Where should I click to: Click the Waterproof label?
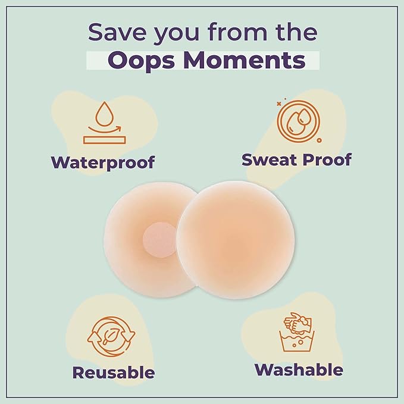point(102,162)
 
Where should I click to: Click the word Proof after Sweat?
point(328,159)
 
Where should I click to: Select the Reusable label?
point(114,373)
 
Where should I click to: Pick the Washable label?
point(299,369)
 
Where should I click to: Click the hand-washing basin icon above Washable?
point(297,333)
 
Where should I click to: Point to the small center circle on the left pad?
point(155,241)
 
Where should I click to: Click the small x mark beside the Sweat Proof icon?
point(278,104)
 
